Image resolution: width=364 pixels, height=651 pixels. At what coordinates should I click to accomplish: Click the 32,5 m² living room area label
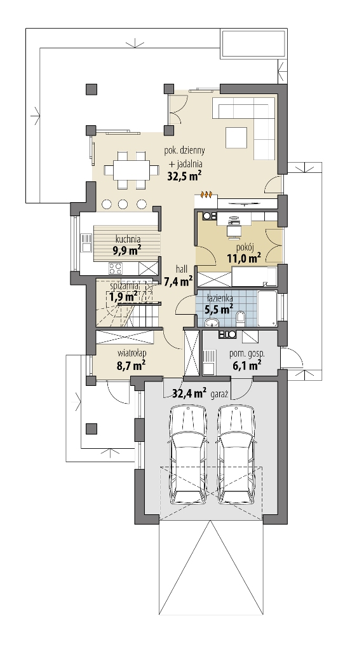(184, 175)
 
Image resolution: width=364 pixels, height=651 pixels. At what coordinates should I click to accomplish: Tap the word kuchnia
(128, 239)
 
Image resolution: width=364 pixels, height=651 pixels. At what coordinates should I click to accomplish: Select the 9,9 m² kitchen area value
(126, 249)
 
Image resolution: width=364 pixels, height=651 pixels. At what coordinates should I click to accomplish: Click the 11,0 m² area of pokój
(244, 258)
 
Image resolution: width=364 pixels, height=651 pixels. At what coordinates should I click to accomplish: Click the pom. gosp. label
(247, 354)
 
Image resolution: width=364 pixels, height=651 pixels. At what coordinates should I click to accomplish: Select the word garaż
(220, 394)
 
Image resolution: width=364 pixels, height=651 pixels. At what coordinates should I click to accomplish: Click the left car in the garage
(188, 455)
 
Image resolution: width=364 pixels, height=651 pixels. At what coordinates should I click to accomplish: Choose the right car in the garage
(235, 455)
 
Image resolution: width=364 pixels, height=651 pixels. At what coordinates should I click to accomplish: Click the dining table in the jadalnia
(131, 170)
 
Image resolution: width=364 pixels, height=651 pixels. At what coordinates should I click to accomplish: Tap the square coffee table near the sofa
(236, 137)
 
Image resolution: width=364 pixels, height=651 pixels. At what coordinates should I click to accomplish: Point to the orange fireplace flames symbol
(206, 194)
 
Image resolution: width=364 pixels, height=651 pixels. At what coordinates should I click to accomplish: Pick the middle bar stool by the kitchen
(123, 204)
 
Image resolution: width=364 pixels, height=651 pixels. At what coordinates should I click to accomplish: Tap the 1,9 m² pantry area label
(123, 297)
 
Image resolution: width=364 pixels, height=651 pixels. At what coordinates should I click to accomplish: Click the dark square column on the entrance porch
(91, 428)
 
